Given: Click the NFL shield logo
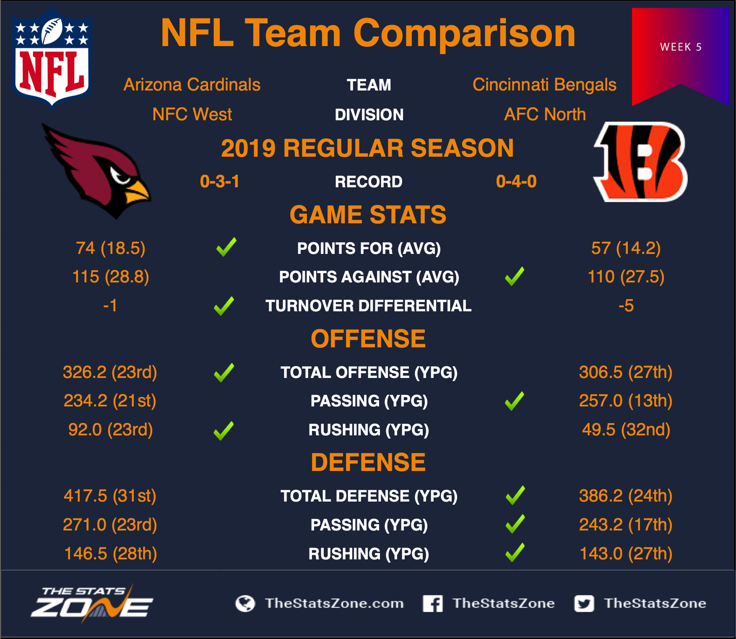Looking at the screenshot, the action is pyautogui.click(x=52, y=57).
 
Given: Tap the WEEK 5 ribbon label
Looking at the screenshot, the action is pyautogui.click(x=681, y=47).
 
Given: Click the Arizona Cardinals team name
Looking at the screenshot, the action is pyautogui.click(x=192, y=85).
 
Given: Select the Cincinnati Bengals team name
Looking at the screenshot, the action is pyautogui.click(x=544, y=85).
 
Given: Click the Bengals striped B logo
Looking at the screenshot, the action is pyautogui.click(x=640, y=161).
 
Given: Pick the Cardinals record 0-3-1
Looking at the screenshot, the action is pyautogui.click(x=220, y=181).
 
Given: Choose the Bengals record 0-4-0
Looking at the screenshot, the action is pyautogui.click(x=516, y=181).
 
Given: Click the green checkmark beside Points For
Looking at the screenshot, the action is pyautogui.click(x=226, y=247).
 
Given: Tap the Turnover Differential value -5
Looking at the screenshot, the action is pyautogui.click(x=626, y=305).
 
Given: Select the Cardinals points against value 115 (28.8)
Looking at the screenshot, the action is pyautogui.click(x=111, y=277).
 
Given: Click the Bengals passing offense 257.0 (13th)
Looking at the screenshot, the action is pyautogui.click(x=626, y=401).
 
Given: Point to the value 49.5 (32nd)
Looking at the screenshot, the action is pyautogui.click(x=626, y=429).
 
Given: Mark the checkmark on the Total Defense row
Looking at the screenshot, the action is pyautogui.click(x=515, y=495).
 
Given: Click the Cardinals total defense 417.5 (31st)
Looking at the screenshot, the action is pyautogui.click(x=110, y=496).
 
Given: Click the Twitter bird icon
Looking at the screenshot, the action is pyautogui.click(x=584, y=603).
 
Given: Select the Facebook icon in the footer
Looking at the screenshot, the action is pyautogui.click(x=433, y=603).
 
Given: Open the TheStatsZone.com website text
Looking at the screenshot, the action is pyautogui.click(x=334, y=603).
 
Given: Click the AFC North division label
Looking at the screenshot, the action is pyautogui.click(x=545, y=114).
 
